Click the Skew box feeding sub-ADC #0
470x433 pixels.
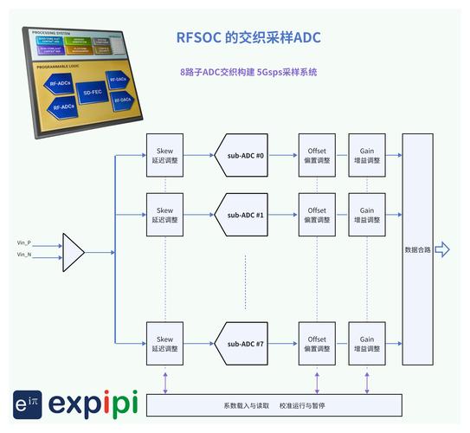[164, 156]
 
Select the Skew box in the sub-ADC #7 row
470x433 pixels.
[164, 344]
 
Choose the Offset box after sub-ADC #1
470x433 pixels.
[317, 215]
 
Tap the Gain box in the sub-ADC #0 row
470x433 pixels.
[367, 156]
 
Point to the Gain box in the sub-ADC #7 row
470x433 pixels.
[367, 344]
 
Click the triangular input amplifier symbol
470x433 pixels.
[73, 252]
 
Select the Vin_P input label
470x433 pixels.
[24, 243]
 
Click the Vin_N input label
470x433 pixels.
[24, 255]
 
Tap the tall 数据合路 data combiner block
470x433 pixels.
[417, 249]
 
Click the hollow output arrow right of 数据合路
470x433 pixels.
[442, 250]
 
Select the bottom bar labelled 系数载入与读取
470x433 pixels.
[274, 405]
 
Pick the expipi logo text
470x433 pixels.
[93, 403]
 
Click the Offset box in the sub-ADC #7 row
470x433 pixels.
[317, 344]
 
